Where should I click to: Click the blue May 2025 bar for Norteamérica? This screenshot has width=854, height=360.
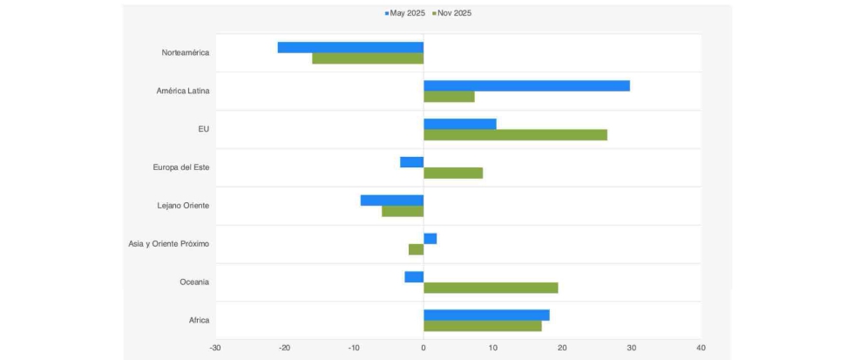tap(350, 47)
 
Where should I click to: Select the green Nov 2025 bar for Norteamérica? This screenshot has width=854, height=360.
tap(368, 58)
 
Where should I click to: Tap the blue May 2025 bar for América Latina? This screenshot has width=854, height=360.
tap(526, 85)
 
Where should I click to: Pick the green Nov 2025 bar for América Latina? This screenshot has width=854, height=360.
tap(449, 97)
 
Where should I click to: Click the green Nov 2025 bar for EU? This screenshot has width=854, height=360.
tap(515, 135)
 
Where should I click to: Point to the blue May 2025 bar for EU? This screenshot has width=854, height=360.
tap(459, 124)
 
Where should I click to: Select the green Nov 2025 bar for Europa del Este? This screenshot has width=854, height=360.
tap(453, 173)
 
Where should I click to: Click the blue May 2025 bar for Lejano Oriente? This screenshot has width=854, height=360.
tap(392, 200)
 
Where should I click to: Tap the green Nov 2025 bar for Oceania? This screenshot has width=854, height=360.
tap(491, 288)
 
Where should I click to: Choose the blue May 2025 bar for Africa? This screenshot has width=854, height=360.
tap(486, 315)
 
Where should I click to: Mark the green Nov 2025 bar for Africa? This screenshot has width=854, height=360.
tap(482, 326)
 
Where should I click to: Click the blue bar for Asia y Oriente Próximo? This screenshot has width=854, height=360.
tap(430, 238)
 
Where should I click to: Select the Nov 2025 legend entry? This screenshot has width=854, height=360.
tap(451, 13)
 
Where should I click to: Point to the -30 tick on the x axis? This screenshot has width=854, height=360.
tap(215, 348)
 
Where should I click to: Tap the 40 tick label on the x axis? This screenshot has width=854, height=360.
tap(701, 348)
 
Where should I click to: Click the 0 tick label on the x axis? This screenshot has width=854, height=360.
tap(424, 348)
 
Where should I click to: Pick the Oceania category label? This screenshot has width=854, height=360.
tap(193, 282)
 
